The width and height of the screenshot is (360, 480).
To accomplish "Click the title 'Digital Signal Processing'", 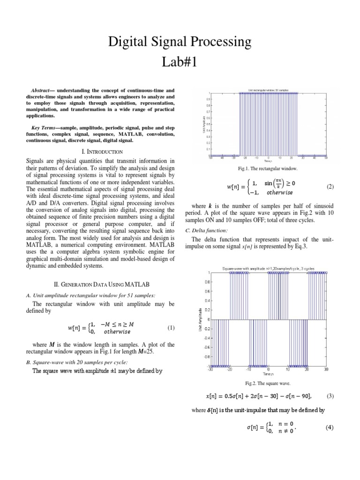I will (x=180, y=43).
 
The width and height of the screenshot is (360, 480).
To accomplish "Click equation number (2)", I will (x=330, y=187).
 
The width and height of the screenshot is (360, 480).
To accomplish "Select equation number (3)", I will (x=330, y=396).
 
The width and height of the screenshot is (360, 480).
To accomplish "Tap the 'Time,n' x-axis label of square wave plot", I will (x=268, y=374).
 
